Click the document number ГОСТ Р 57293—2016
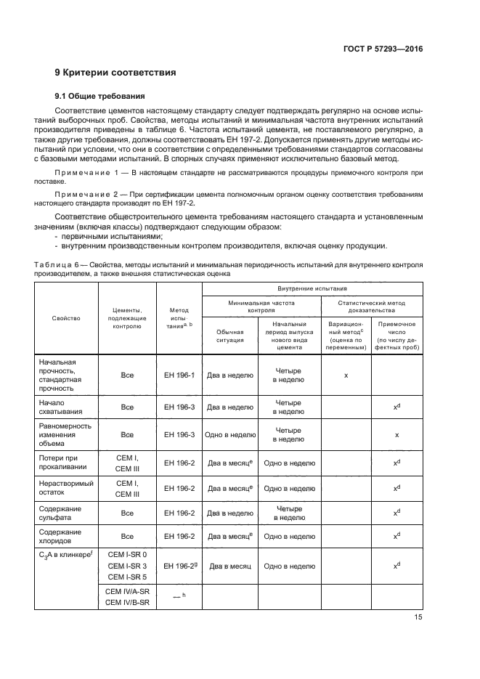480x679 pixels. click(x=383, y=49)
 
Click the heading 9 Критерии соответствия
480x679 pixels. click(x=115, y=73)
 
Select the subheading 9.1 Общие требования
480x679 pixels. click(x=100, y=96)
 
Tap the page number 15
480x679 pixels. click(x=418, y=617)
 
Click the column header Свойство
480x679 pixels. click(x=66, y=317)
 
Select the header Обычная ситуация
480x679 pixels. click(x=229, y=334)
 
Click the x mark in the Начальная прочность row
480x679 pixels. click(x=346, y=375)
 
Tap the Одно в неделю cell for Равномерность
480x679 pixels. click(x=229, y=434)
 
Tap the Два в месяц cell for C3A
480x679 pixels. click(x=229, y=565)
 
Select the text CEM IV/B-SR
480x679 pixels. click(x=127, y=602)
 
